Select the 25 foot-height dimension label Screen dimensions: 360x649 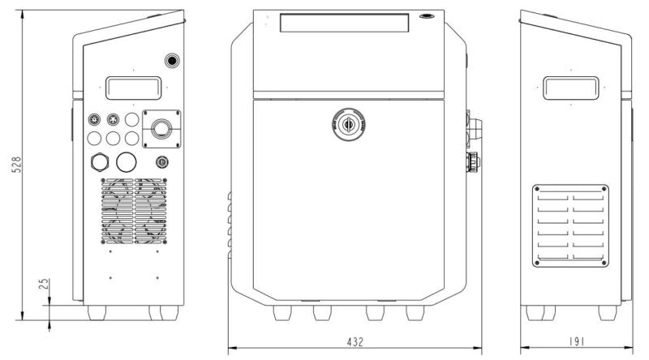[x=44, y=285]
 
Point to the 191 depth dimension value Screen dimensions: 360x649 [x=577, y=343]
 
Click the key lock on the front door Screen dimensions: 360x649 [x=349, y=124]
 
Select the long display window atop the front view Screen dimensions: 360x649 [x=342, y=22]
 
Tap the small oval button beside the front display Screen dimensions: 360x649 [x=426, y=15]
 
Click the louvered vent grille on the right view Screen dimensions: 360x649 [x=571, y=225]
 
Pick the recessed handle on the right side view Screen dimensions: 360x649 [x=570, y=88]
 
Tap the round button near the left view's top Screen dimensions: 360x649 [x=172, y=61]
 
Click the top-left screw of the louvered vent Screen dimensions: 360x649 [x=536, y=191]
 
